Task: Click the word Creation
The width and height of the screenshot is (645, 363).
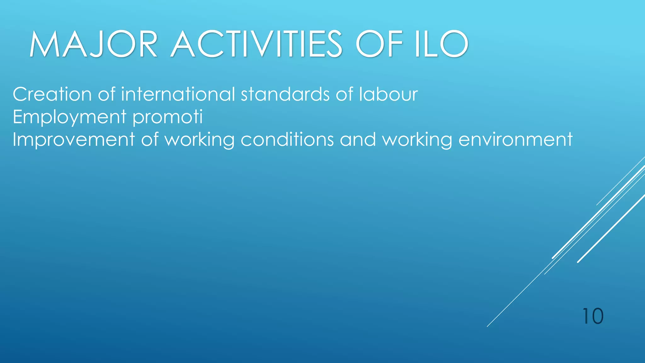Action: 52,94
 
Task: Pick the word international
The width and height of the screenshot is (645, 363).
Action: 178,94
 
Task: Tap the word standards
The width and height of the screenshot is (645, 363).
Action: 285,94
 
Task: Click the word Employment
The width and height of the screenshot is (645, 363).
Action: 70,117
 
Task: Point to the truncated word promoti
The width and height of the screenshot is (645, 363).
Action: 168,117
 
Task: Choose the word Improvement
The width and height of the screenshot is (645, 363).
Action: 74,140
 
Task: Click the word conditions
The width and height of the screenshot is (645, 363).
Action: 287,140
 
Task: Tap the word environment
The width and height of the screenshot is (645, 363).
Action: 515,140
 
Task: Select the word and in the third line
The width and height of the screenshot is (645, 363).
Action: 358,140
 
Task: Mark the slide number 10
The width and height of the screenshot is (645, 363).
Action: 593,316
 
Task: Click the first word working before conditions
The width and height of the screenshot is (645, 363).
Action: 200,140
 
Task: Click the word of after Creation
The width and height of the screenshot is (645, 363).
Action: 106,94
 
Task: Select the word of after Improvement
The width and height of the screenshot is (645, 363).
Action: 150,140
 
